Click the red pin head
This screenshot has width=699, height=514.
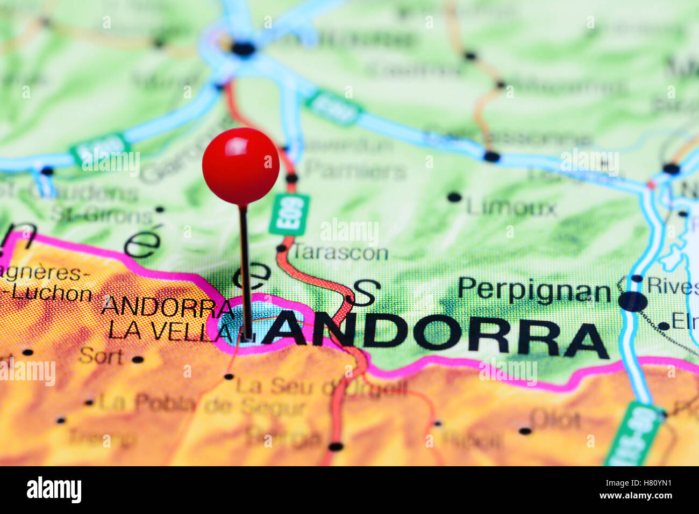240,166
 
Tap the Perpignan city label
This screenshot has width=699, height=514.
533,291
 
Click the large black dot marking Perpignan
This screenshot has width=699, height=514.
633,301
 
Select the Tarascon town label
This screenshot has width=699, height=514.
340,252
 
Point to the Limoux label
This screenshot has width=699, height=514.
511,207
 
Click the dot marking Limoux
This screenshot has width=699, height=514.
454,197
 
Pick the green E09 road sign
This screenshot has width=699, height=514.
289,214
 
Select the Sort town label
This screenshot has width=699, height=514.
101,356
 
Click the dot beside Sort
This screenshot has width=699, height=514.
138,359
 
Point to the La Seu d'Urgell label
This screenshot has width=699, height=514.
321,387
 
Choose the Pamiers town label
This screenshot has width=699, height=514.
355,171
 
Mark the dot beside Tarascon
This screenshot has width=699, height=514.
281,248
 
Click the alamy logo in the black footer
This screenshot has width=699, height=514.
54,490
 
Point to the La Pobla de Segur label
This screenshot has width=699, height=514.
202,404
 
